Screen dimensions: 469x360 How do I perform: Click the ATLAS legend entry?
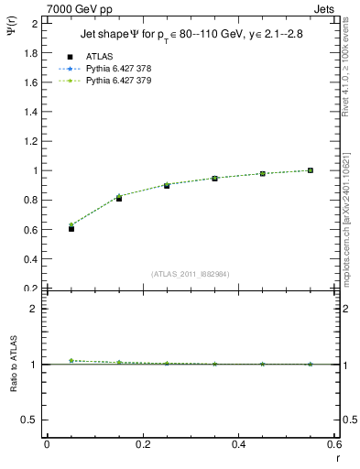tap(99, 56)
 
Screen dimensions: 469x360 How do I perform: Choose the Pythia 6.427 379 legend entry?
tap(125, 81)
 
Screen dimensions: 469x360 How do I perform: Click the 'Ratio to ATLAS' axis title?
tap(15, 366)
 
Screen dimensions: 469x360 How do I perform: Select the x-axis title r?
tap(337, 457)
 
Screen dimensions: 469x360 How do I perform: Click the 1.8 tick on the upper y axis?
tap(29, 53)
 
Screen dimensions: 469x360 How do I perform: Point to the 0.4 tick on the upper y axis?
tap(29, 259)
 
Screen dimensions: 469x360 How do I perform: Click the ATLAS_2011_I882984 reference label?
tap(190, 274)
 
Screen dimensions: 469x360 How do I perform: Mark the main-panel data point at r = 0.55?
tap(311, 170)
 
